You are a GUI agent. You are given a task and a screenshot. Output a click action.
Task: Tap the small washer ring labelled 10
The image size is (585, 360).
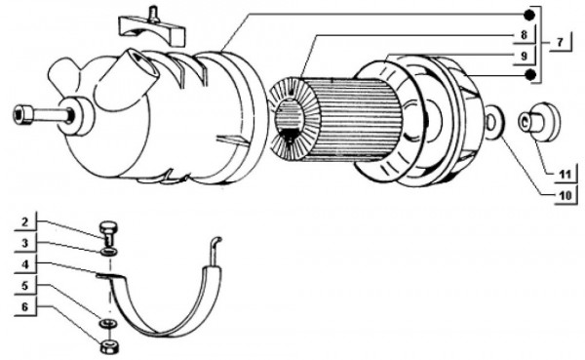tap(493, 122)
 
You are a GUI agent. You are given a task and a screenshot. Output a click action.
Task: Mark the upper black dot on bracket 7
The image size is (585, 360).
tap(530, 14)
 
